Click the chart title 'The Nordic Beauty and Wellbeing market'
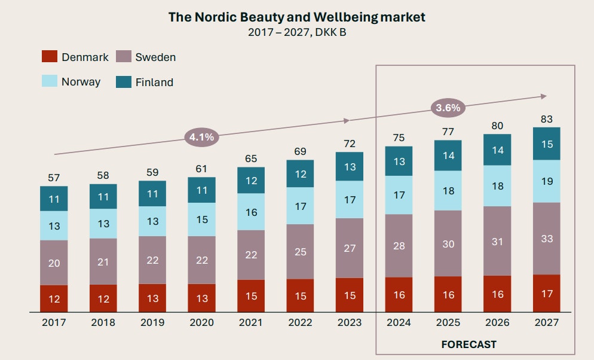pos(296,17)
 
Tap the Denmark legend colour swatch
pos(50,57)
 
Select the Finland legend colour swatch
pos(124,82)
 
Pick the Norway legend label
pos(81,82)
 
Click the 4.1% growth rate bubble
pos(201,137)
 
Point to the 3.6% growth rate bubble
pos(448,108)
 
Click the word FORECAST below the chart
pos(469,344)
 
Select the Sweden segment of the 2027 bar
pos(547,239)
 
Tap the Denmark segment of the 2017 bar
pos(54,298)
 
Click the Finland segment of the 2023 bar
pos(350,166)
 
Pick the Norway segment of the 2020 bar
pos(201,219)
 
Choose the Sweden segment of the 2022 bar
pos(300,251)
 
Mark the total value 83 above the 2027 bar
pos(547,119)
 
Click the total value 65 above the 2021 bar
pos(251,158)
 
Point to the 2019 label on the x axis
pos(152,323)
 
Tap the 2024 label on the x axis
pos(399,323)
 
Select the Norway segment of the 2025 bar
pos(448,191)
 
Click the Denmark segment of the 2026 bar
pos(497,294)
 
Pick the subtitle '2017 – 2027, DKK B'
pos(296,32)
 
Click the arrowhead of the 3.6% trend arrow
pos(543,96)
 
